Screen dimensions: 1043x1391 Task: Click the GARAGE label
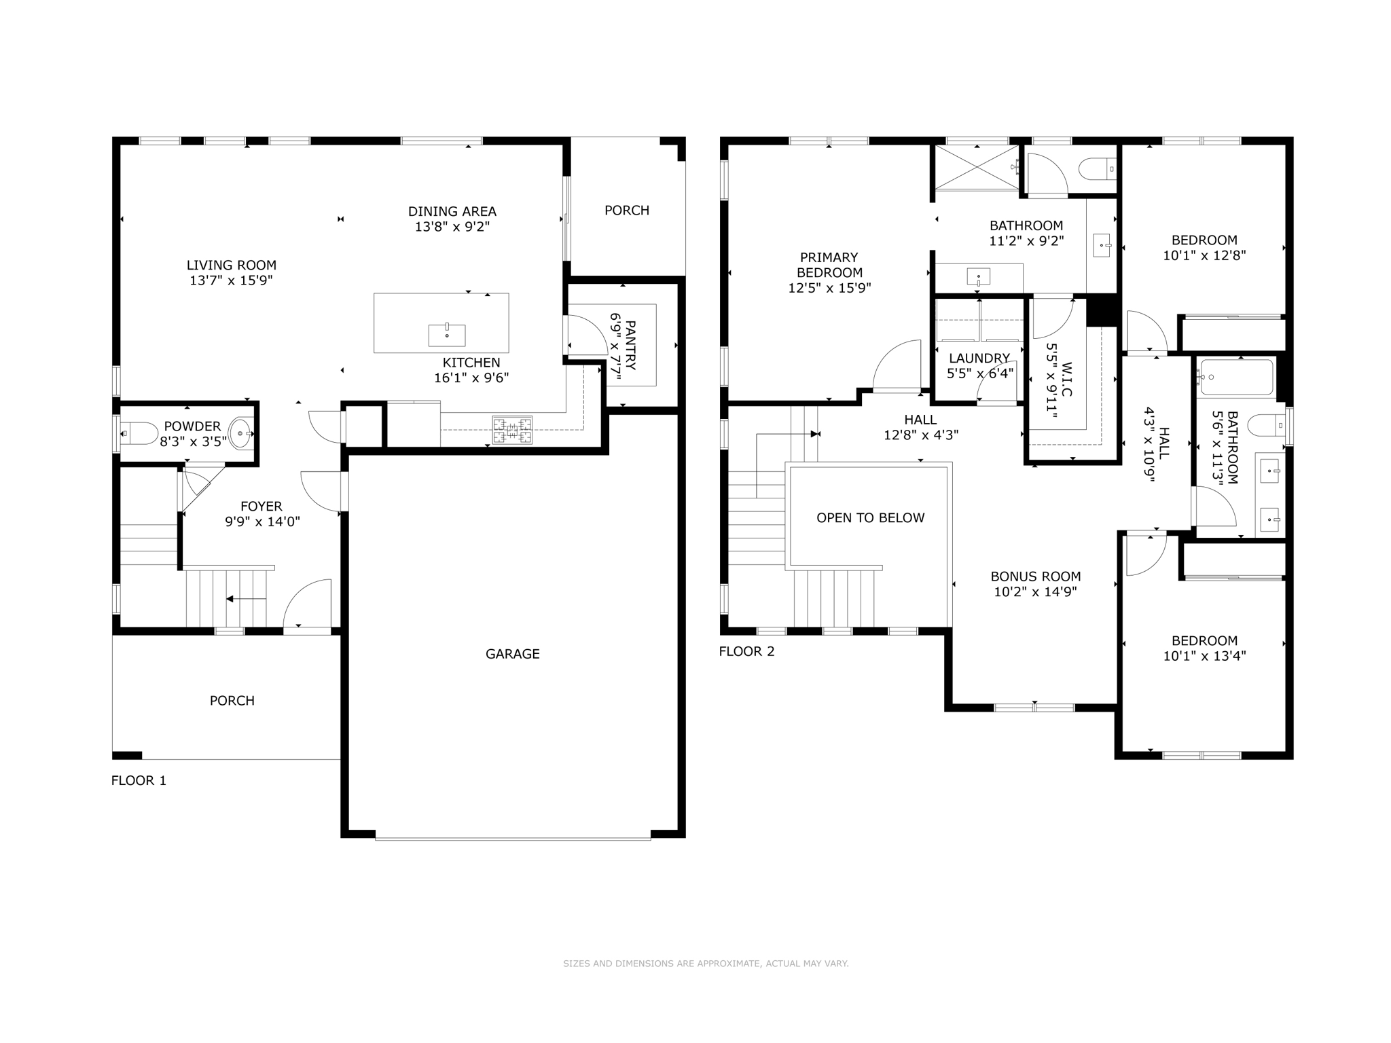tap(512, 654)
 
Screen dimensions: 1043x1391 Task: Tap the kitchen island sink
tap(447, 335)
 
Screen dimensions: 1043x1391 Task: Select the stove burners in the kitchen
tap(512, 429)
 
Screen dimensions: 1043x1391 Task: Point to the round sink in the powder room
tap(241, 433)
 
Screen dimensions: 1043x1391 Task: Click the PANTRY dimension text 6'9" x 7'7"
tap(615, 346)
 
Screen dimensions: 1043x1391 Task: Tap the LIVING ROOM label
tap(232, 265)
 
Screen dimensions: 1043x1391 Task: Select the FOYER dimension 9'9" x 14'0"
tap(262, 521)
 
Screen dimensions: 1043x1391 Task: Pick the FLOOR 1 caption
tap(139, 780)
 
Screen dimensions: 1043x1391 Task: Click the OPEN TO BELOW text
tap(870, 517)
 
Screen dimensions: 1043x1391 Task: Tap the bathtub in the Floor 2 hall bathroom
tap(1236, 377)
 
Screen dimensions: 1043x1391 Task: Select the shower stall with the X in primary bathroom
tap(977, 168)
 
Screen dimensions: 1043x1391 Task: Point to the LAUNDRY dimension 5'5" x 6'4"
tap(979, 373)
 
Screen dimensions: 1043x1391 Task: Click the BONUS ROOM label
tap(1035, 576)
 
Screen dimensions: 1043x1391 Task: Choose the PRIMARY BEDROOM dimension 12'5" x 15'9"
tap(829, 288)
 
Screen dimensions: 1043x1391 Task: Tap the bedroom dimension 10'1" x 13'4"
tap(1204, 656)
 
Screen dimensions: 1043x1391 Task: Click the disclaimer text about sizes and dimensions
tap(706, 963)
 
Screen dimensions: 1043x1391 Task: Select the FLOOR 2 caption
tap(746, 651)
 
